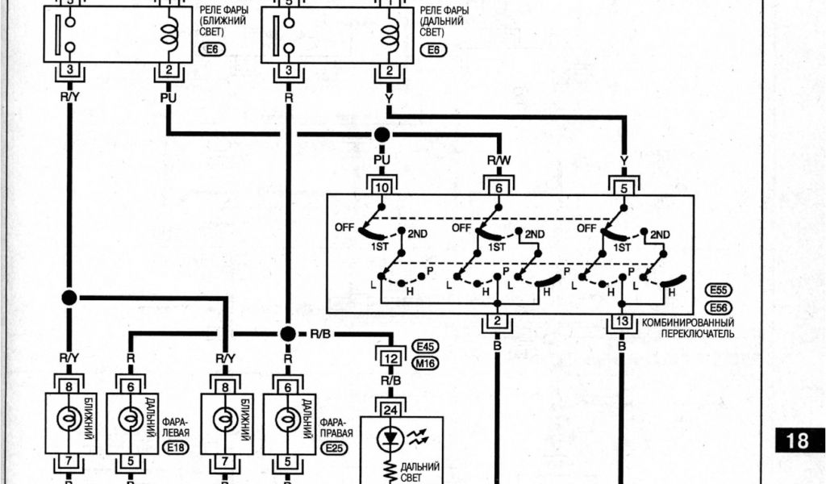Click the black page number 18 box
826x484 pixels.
point(797,440)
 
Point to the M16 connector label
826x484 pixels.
point(423,363)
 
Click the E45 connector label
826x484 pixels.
point(423,347)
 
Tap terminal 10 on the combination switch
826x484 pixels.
point(382,187)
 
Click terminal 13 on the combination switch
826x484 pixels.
point(622,323)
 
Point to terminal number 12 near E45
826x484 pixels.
point(390,357)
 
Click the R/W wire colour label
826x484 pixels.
point(499,161)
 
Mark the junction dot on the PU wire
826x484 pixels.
point(382,134)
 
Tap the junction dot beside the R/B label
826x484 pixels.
point(288,333)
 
